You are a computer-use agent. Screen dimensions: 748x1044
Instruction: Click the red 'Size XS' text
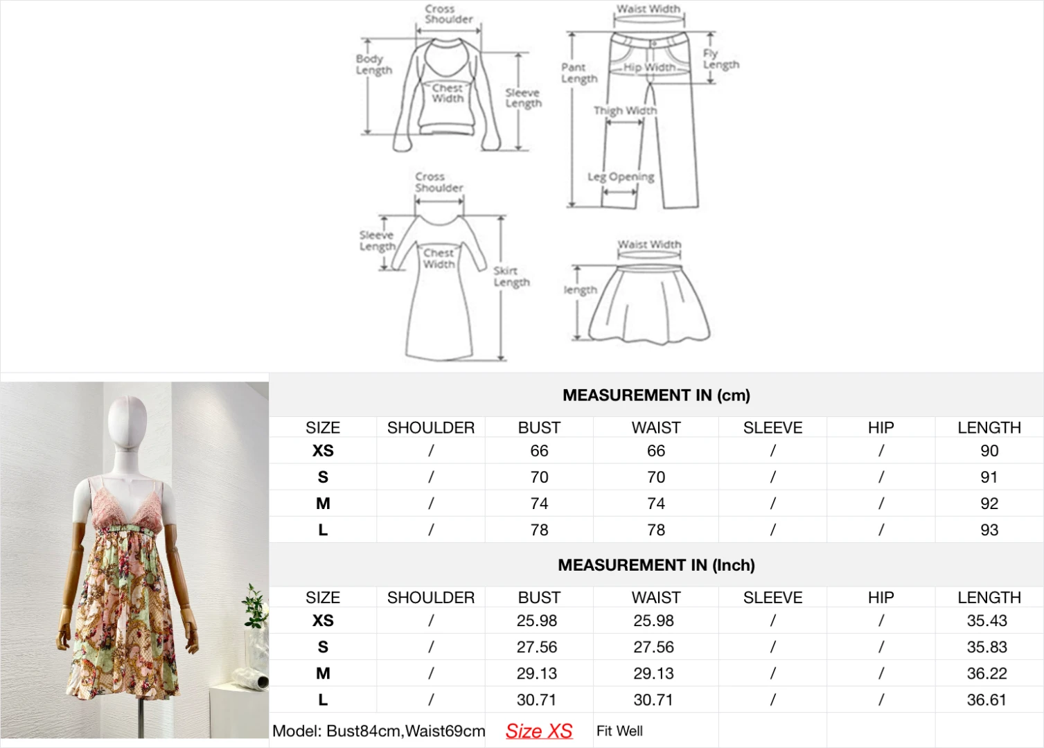pos(539,731)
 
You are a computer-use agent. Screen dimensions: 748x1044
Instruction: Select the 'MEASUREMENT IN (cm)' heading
pos(656,395)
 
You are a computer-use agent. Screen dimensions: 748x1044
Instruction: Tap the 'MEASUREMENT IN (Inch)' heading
pos(656,565)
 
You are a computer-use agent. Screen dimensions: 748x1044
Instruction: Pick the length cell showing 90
pos(989,451)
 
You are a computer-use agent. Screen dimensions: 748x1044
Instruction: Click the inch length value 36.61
pos(987,700)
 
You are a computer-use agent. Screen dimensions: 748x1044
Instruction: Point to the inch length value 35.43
pos(987,621)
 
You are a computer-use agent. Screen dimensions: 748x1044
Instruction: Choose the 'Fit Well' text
pos(619,731)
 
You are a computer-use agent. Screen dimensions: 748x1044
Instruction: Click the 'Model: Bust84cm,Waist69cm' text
pos(378,731)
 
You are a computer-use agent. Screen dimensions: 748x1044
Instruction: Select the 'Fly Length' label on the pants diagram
pos(720,59)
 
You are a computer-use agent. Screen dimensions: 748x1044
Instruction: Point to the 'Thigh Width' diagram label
pos(625,111)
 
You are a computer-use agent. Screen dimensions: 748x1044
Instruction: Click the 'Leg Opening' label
pos(621,177)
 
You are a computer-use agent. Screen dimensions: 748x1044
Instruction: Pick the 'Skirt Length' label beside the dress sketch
pos(511,276)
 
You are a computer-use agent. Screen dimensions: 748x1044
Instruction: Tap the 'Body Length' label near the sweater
pos(373,64)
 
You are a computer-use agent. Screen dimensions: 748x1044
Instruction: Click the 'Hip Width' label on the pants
pos(649,67)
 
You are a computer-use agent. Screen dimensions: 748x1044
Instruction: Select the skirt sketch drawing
pos(650,305)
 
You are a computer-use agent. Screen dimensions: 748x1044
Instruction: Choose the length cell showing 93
pos(989,530)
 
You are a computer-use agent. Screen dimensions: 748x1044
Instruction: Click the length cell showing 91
pos(989,477)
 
